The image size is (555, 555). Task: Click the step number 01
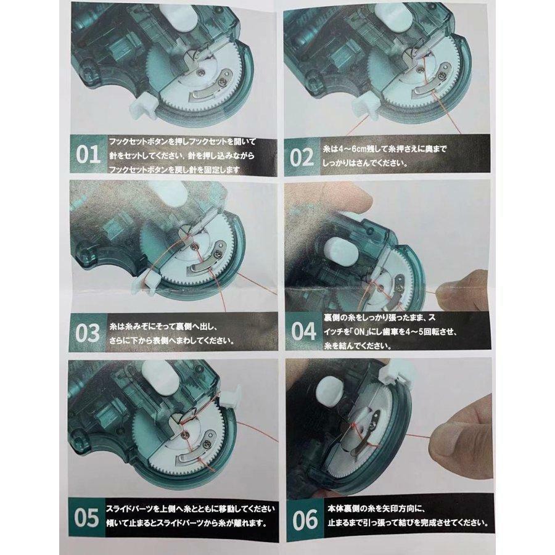88,155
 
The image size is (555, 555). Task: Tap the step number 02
302,157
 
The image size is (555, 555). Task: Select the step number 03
88,333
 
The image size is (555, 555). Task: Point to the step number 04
303,331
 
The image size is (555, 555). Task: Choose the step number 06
305,520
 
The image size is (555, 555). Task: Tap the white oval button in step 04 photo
342,251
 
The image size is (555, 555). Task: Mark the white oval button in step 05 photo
158,375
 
